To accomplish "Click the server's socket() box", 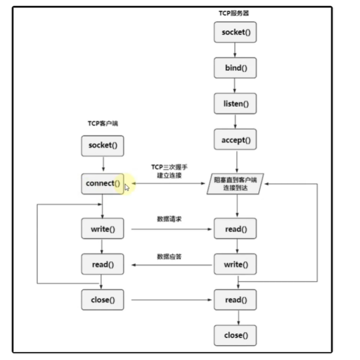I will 236,32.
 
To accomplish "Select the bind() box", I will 236,68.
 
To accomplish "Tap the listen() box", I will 236,104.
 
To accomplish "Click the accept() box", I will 236,139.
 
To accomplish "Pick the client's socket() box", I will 103,145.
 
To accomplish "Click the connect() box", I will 103,184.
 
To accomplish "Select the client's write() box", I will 103,229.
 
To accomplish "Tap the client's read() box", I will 103,264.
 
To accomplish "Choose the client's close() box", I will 103,300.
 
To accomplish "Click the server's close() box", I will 236,335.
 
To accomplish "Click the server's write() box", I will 236,264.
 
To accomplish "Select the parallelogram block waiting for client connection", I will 236,184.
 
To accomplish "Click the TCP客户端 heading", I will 103,123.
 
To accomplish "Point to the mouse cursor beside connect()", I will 127,187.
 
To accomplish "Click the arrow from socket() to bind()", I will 236,50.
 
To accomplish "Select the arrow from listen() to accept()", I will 236,122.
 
